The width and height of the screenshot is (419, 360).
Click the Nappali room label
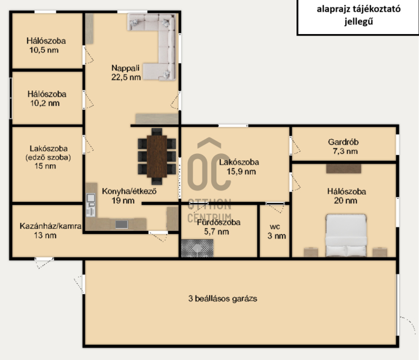(125, 68)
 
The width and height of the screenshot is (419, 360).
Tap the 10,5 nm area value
(44, 50)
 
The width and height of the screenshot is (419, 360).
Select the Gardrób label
(343, 142)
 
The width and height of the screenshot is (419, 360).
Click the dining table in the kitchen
(157, 156)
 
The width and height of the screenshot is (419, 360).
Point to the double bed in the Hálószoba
(346, 235)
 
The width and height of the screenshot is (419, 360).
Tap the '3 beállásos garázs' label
(223, 298)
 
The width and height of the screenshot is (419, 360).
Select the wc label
(274, 227)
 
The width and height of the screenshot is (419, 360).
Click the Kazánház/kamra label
(50, 226)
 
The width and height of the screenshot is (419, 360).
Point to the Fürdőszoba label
(218, 222)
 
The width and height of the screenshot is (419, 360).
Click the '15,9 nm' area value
(241, 172)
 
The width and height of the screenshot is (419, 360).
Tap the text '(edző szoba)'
(48, 157)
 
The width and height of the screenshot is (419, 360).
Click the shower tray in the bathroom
(197, 248)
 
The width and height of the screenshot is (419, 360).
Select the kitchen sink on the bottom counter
(122, 224)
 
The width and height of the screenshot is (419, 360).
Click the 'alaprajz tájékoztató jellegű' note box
(358, 17)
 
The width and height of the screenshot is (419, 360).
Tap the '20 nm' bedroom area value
(345, 200)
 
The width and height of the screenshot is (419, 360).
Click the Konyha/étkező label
(129, 191)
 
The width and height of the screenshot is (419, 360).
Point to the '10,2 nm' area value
(45, 103)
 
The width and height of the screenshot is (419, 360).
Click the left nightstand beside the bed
(311, 252)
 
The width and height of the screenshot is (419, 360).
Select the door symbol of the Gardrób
(295, 145)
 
